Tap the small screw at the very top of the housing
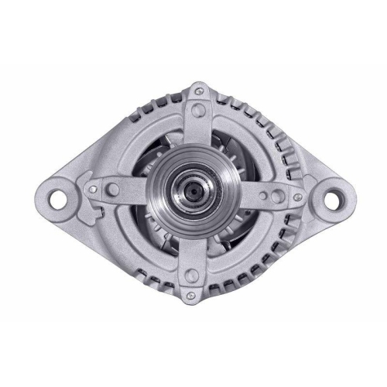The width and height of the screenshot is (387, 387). point(201,91)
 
